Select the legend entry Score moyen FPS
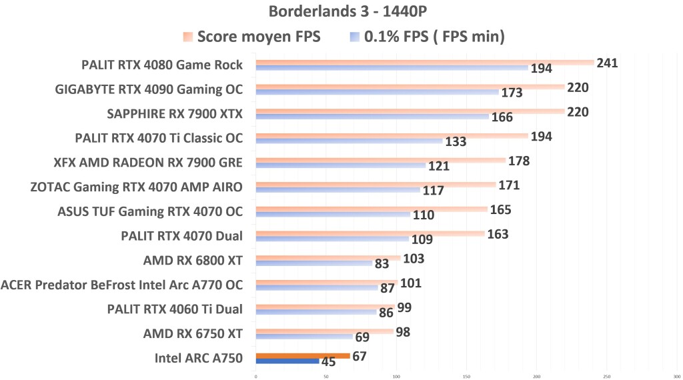tap(258, 37)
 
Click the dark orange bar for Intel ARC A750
tap(303, 356)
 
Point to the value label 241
tap(607, 63)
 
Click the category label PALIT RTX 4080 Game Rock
tap(162, 65)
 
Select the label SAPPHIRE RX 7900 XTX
tap(175, 113)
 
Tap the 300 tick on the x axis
tap(676, 375)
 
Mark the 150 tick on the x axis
tap(466, 375)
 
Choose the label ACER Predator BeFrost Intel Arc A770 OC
tap(122, 285)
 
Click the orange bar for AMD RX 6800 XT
tap(328, 258)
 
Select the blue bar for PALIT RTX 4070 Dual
tap(332, 239)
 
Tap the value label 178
tap(520, 161)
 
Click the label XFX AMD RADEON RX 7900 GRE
tap(148, 162)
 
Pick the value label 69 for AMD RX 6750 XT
tap(363, 338)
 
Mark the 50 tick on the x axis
tap(326, 375)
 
